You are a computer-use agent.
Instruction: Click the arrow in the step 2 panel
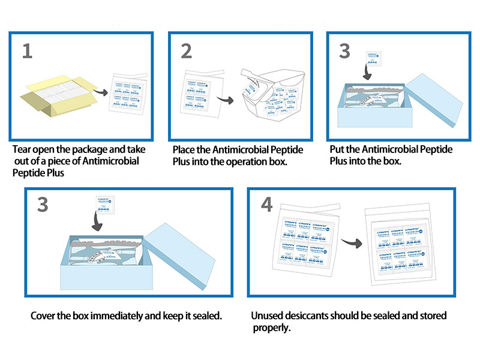click(x=226, y=101)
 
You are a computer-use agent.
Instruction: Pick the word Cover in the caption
click(x=43, y=316)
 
